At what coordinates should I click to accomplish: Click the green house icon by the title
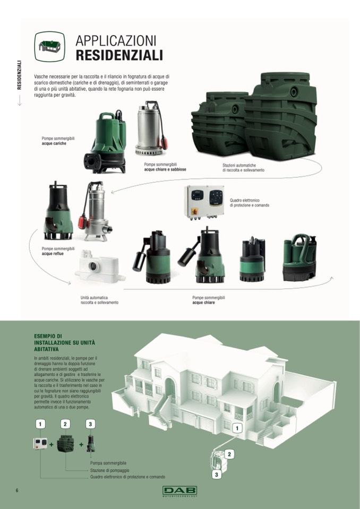pos(49,46)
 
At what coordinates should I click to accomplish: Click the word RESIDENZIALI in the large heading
pos(119,55)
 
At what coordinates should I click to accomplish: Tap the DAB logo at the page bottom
pos(179,491)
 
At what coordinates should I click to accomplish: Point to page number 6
pos(17,490)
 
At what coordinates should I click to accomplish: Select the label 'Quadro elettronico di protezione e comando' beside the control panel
pos(250,203)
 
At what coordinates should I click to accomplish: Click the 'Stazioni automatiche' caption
pos(243,168)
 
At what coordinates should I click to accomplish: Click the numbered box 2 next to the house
pos(229,454)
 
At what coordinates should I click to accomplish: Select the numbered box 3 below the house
pos(216,475)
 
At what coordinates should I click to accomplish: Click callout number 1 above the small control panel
pos(40,424)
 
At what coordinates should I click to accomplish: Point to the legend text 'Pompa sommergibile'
pos(108,463)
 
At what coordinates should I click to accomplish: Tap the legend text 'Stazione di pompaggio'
pos(110,470)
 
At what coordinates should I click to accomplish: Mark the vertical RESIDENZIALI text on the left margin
pos(20,75)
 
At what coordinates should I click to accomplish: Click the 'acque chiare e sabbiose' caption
pos(165,169)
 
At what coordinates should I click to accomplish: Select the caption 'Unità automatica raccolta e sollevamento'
pos(99,300)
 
